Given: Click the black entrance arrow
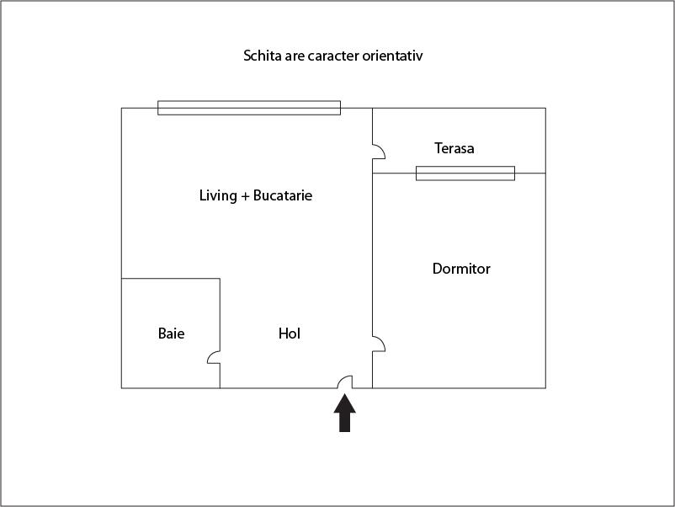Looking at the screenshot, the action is point(344,413).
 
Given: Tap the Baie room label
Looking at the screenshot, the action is point(172,334).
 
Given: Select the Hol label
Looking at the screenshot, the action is point(290,334).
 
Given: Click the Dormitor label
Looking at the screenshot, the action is point(461,269).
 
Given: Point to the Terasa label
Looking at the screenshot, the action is point(454,148).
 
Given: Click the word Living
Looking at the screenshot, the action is point(218,196).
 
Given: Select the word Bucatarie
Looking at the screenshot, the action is point(283,195).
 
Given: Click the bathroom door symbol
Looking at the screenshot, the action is point(214,358).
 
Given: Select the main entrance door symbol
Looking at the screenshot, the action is point(345,382).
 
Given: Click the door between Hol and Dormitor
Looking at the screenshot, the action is point(379,344).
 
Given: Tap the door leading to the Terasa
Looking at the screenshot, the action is point(379,152).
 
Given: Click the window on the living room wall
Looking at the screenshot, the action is point(249,108).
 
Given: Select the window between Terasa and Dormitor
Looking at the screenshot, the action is point(465,173).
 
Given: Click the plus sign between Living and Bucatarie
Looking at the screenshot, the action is point(245,196).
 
